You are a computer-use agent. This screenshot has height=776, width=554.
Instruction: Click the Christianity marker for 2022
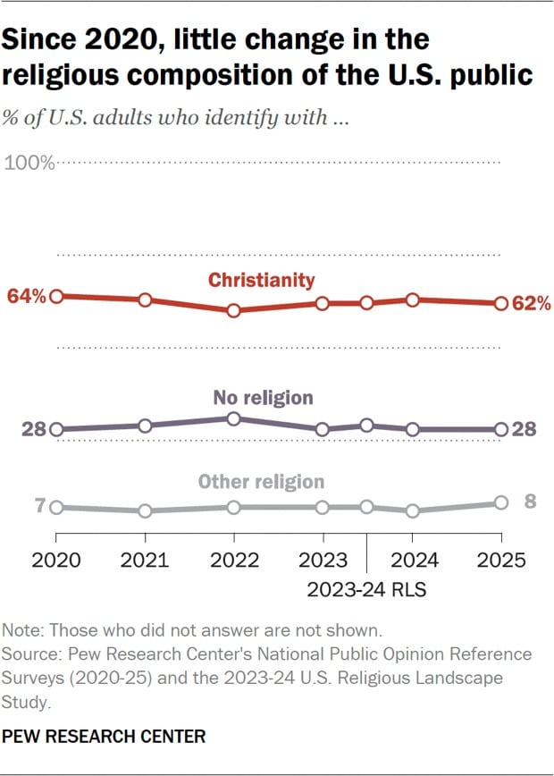tap(234, 311)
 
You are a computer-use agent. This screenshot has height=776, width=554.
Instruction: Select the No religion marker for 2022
tap(234, 418)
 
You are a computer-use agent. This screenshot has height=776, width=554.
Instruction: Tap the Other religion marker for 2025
tap(501, 503)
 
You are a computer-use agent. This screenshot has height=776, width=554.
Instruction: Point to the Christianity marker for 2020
tap(56, 296)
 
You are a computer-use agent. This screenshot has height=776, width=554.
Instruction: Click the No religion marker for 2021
tap(145, 426)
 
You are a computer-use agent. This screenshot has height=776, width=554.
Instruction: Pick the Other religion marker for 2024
tap(412, 510)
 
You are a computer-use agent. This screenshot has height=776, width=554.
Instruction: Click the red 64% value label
tap(26, 296)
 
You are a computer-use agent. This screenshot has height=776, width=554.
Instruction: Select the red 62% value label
tap(533, 304)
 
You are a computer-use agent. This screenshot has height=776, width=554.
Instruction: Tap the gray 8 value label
tap(530, 502)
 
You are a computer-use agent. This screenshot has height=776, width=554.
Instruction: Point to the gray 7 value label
tap(39, 507)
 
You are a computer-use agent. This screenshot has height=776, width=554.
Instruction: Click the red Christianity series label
tap(262, 280)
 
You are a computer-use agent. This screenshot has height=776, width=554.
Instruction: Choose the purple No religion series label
tap(264, 398)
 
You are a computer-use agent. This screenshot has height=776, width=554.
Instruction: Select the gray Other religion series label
tap(261, 482)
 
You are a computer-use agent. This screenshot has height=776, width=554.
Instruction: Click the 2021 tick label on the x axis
tap(145, 561)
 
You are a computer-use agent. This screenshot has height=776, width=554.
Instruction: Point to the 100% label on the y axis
tap(30, 163)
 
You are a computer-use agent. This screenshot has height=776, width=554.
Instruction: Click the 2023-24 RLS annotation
tap(367, 589)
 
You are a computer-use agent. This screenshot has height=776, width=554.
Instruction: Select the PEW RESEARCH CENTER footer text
tap(105, 737)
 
